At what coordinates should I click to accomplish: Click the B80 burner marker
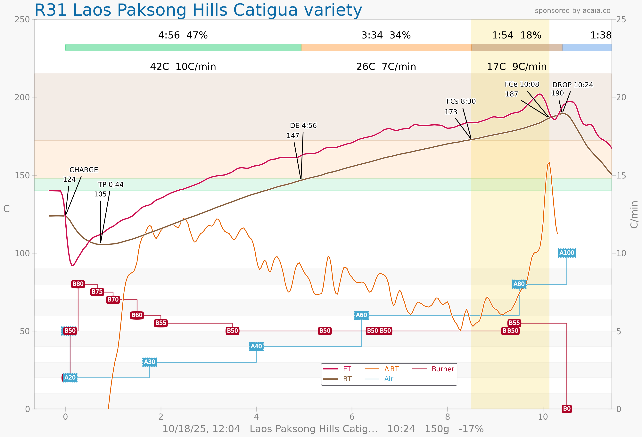[x=78, y=284]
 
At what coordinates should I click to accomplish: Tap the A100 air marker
[x=567, y=253]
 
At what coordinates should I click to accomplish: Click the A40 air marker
[x=256, y=346]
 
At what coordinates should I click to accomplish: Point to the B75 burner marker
[x=97, y=292]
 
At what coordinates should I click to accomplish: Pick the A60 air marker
[x=361, y=315]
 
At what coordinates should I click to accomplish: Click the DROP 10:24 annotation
[x=572, y=85]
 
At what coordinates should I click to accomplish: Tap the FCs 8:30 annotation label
[x=461, y=101]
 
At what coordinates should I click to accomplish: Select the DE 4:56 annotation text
[x=303, y=126]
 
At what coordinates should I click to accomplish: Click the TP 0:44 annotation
[x=111, y=185]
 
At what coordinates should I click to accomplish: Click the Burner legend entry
[x=443, y=369]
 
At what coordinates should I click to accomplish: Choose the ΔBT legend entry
[x=391, y=369]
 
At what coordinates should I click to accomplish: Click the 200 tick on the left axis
[x=22, y=97]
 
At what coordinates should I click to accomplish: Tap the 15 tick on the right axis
[x=621, y=175]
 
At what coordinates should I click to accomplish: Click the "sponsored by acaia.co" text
[x=572, y=11]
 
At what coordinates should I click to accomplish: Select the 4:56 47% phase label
[x=183, y=35]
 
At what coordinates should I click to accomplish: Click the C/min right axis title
[x=634, y=214]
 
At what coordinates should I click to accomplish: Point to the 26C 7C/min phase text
[x=386, y=67]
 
